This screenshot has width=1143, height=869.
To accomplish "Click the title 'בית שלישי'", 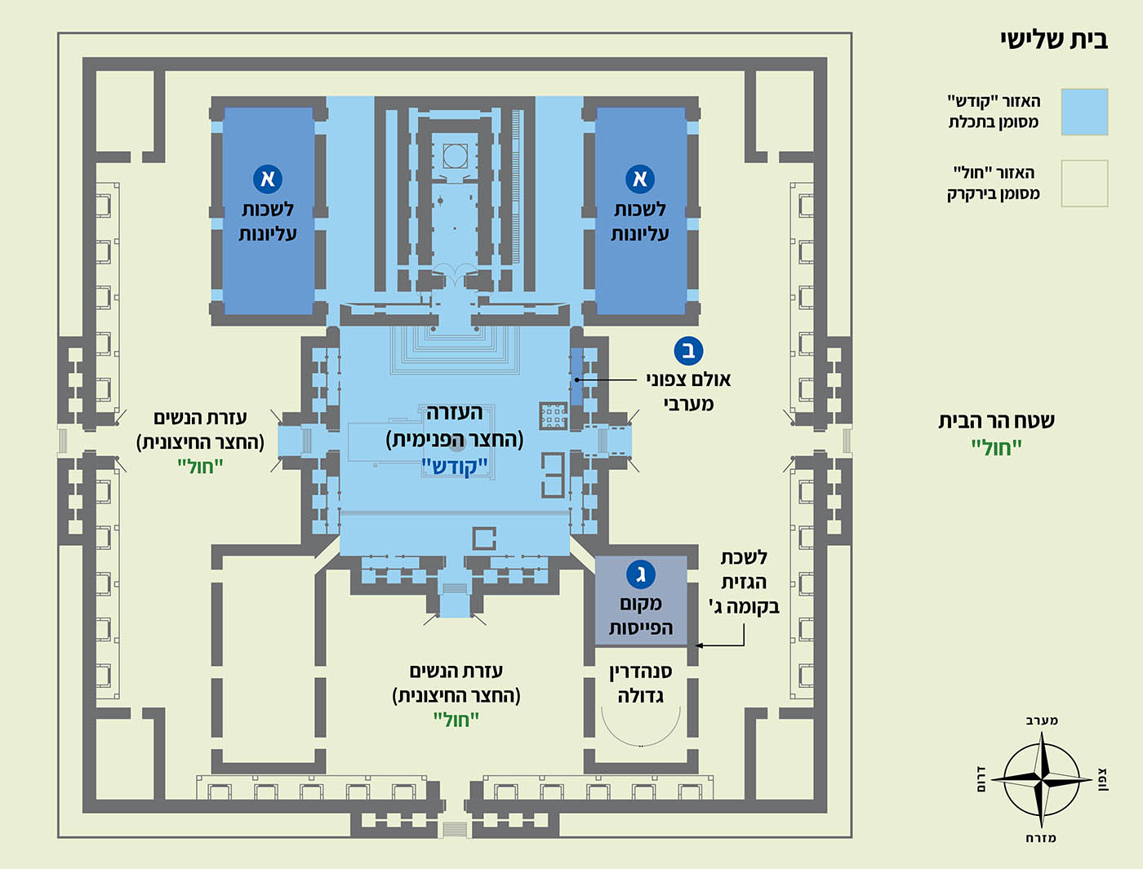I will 1053,40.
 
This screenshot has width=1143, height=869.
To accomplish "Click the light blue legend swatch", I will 1084,112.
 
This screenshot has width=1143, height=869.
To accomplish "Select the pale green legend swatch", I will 1084,183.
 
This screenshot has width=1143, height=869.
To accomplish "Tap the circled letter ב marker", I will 688,351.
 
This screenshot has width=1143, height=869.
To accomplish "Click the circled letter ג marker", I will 640,574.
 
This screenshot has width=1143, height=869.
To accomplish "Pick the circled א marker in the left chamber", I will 268,179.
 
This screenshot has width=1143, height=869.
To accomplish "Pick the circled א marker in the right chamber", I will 640,179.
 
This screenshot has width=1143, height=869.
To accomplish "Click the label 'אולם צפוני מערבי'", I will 688,392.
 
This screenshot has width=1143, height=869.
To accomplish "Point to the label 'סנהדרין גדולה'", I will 640,684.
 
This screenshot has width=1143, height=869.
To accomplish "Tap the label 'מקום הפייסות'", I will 640,616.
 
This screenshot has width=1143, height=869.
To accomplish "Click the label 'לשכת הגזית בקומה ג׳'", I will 744,582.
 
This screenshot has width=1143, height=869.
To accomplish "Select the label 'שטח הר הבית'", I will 996,421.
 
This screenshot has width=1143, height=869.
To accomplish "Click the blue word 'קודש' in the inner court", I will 455,467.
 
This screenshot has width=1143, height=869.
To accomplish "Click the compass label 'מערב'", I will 1042,720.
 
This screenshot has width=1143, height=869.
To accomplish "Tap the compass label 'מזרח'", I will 1041,838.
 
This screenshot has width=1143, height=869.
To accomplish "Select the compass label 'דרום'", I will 981,780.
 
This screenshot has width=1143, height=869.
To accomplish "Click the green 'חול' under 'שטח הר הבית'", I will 996,447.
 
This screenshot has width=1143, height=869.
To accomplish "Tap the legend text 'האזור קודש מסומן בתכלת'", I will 994,112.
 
